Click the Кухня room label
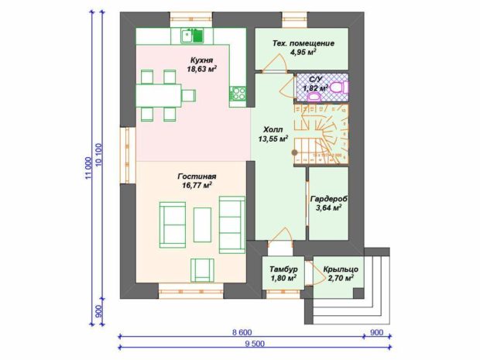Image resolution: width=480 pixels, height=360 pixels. pos(201,60)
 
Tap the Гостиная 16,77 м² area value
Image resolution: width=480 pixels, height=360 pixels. pos(197,186)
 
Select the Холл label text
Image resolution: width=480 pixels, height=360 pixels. pos(273,129)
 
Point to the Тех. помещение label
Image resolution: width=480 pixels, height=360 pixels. pos(303,43)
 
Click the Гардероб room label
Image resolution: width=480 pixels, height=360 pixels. pos(329,199)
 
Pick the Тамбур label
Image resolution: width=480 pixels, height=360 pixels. pos(283,269)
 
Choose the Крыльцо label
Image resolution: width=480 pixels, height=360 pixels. pos(341,269)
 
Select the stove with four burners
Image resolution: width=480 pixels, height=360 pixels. pos(238,94)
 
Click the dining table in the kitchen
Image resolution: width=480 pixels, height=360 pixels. pos(159,95)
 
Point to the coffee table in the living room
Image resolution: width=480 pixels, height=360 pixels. pos(202,225)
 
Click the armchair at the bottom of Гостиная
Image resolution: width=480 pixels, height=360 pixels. pos(202,270)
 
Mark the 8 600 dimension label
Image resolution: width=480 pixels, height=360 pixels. pos(242,332)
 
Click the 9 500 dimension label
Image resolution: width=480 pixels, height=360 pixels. pos(255,344)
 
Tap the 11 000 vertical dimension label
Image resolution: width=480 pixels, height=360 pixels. pos(88,168)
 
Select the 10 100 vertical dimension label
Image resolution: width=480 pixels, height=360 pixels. pos(99,155)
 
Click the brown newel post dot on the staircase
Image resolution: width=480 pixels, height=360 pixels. pos(294,153)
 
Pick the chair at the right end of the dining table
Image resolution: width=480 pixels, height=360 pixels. pos(189,95)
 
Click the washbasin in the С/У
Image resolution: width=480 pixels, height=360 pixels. pos(314,98)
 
